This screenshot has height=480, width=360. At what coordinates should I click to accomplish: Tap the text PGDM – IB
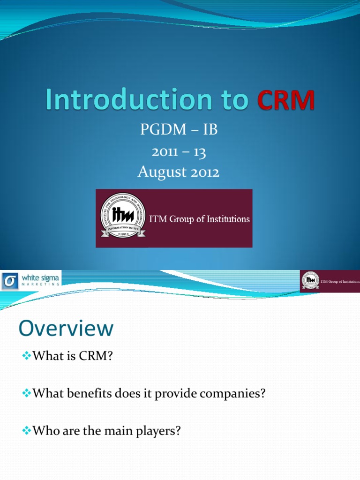point(179,130)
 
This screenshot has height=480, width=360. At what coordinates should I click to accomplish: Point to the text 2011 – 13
point(179,151)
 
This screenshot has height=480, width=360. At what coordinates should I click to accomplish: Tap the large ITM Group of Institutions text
point(199,219)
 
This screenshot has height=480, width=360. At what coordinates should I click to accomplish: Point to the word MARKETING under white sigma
point(41,284)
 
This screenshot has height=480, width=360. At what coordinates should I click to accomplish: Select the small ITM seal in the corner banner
point(310,280)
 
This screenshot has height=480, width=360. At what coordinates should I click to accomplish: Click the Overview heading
point(66,329)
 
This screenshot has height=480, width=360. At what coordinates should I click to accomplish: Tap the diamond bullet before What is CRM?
point(27,357)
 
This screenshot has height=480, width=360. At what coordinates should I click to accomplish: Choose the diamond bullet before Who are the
point(27,431)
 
